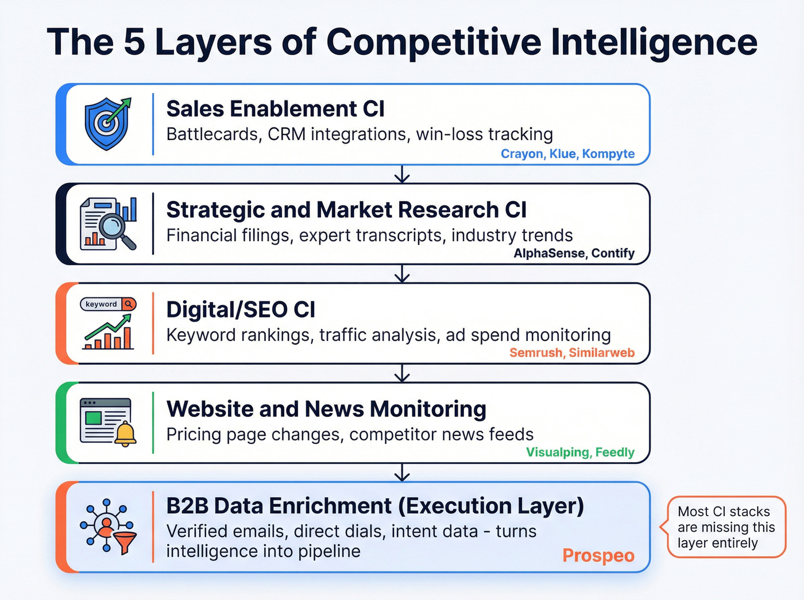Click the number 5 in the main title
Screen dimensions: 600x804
coord(134,42)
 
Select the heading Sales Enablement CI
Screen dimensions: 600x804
coord(275,109)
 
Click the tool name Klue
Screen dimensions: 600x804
coord(563,154)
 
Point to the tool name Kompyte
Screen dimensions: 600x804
coord(608,154)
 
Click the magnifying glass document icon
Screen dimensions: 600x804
coord(109,223)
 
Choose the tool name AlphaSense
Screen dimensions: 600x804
coord(549,253)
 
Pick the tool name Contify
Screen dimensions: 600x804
coord(613,253)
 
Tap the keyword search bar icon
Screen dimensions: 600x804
coord(108,304)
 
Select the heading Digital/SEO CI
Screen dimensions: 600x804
coord(241,309)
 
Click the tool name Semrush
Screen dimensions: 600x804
coord(536,353)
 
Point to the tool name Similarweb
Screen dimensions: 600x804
coord(602,353)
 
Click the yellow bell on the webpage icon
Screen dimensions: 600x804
coord(125,433)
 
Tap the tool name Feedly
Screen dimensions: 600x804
coord(614,452)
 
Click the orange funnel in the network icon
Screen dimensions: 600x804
coord(125,541)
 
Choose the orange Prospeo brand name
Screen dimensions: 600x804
coord(598,555)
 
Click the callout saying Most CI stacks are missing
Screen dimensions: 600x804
coord(726,527)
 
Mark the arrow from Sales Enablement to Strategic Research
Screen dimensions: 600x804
coord(402,174)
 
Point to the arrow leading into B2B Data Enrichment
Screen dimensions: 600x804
coord(402,473)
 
